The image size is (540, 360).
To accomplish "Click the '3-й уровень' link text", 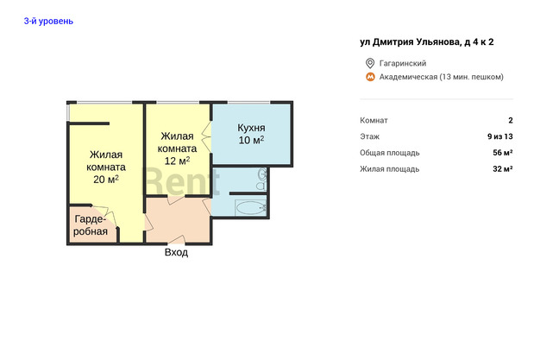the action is (x=48, y=21).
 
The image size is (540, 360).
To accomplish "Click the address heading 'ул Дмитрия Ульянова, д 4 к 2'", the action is (x=427, y=41).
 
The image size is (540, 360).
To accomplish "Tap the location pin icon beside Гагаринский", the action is (x=370, y=63).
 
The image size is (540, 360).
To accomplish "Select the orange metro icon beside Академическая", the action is (x=370, y=77).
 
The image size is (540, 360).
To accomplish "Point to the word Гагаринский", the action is (x=403, y=63).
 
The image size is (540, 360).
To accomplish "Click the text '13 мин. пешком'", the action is (x=472, y=77).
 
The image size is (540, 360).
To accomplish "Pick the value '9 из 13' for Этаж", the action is (x=500, y=136).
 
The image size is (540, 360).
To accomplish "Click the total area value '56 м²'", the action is (x=503, y=153).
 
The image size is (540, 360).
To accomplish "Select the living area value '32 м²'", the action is (x=503, y=168).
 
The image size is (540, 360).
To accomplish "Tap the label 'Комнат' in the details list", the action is (x=374, y=120).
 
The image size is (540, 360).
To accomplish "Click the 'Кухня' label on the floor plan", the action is (x=251, y=128).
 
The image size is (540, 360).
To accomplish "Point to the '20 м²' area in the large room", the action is (x=106, y=180).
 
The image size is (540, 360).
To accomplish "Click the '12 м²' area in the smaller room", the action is (x=177, y=161).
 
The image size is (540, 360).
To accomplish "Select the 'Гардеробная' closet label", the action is (x=91, y=225).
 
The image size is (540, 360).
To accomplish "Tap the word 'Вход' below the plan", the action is (x=176, y=252).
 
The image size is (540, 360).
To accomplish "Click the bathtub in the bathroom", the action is (x=250, y=208).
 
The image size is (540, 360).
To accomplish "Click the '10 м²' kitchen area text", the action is (x=251, y=140).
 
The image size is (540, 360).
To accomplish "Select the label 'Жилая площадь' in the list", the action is (x=390, y=169).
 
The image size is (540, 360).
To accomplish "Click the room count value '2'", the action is (x=511, y=120).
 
